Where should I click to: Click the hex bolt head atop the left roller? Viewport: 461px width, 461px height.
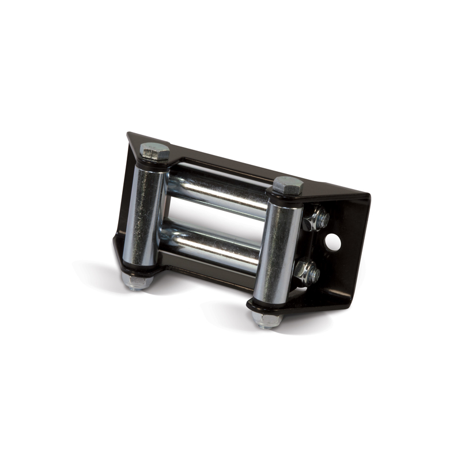coord(155,152)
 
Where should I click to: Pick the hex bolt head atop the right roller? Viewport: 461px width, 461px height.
coord(288,186)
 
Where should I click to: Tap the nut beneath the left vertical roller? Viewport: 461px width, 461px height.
coord(136,281)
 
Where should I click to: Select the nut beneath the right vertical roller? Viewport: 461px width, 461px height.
coord(266,319)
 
